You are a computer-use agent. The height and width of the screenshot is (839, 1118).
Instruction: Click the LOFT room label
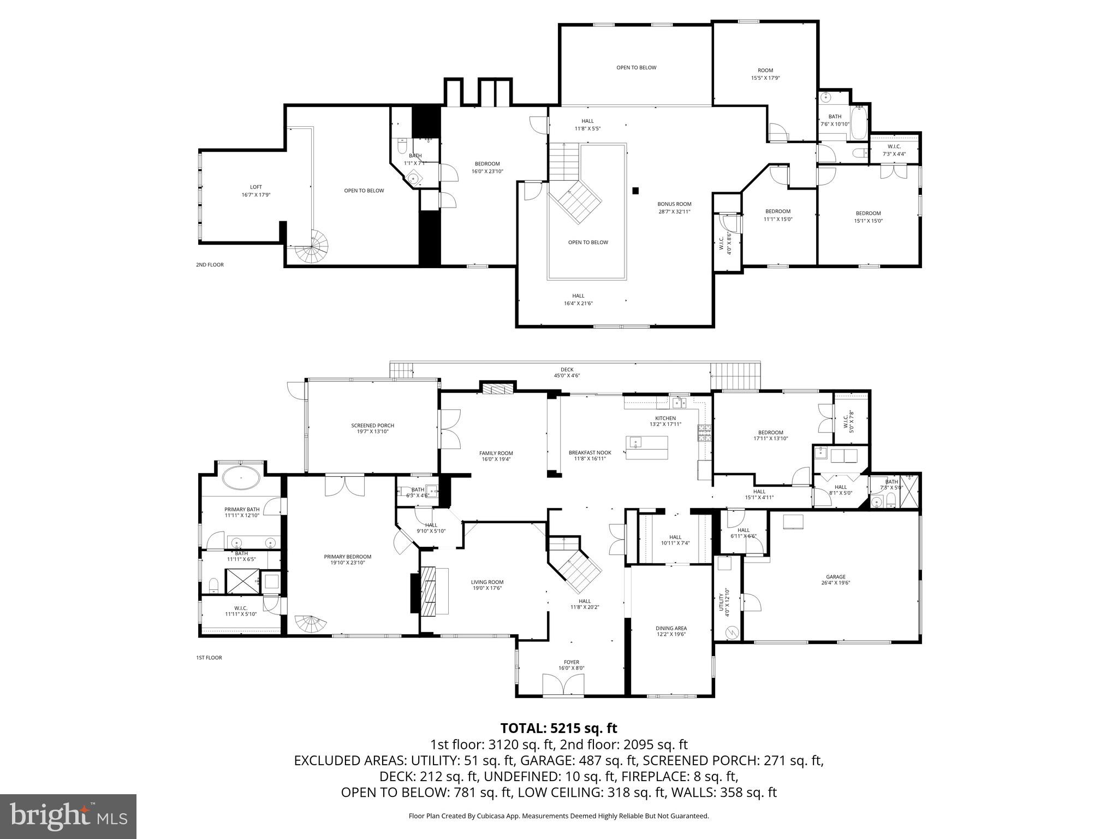(x=256, y=191)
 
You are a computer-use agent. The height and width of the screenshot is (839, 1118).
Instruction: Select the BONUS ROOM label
(x=674, y=208)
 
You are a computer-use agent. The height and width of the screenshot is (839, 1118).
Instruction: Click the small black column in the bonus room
(x=635, y=191)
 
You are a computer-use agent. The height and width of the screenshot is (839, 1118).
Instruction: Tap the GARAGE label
(x=835, y=580)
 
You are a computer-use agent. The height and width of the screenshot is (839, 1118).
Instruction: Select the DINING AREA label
(x=671, y=631)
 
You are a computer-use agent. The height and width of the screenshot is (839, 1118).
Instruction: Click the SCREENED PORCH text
(x=372, y=428)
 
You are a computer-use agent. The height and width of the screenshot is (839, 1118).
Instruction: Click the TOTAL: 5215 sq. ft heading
(x=558, y=728)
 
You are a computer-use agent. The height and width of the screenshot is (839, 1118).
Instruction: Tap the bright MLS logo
(x=68, y=816)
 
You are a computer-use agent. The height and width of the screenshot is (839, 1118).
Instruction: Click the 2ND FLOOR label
(x=210, y=265)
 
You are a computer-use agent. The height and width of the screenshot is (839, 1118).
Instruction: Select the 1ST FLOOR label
(x=209, y=658)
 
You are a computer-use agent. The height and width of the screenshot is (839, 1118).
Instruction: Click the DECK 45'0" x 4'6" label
(x=567, y=373)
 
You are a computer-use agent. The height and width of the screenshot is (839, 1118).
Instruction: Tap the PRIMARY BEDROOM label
(x=347, y=559)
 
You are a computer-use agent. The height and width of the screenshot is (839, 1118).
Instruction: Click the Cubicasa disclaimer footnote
(x=558, y=816)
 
